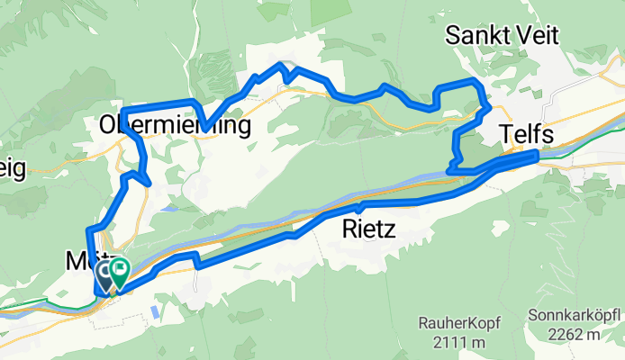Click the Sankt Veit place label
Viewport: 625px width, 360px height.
pos(504,36)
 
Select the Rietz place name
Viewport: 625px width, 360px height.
pos(368,230)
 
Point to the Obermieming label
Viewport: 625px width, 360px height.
pos(175,124)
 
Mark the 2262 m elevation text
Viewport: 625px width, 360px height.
pos(580,337)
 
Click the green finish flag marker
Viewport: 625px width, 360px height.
pos(118,271)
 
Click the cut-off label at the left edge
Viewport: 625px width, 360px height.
pos(13,168)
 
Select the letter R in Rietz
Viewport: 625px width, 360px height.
pos(349,230)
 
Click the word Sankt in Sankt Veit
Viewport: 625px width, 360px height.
pos(481,36)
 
